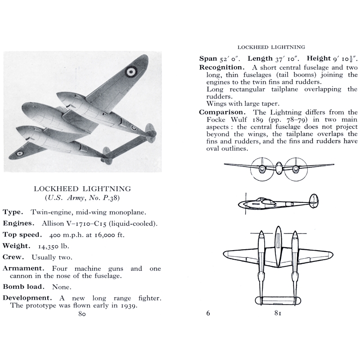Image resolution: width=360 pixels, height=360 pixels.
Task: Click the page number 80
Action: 81,314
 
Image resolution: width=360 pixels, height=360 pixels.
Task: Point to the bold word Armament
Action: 24,269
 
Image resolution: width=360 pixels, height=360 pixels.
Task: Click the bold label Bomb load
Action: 24,286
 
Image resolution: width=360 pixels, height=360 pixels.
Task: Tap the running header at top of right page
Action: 271,47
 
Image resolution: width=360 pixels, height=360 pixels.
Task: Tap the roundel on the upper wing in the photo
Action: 131,71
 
